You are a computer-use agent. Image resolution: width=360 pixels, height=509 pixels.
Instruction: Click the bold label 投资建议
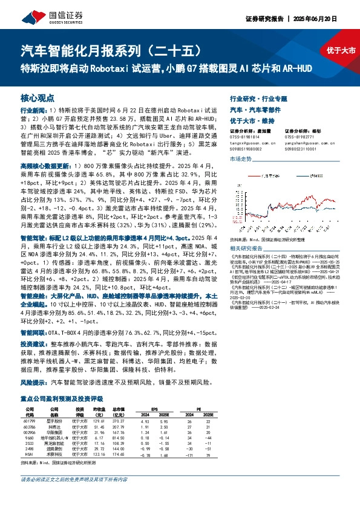(33, 342)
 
